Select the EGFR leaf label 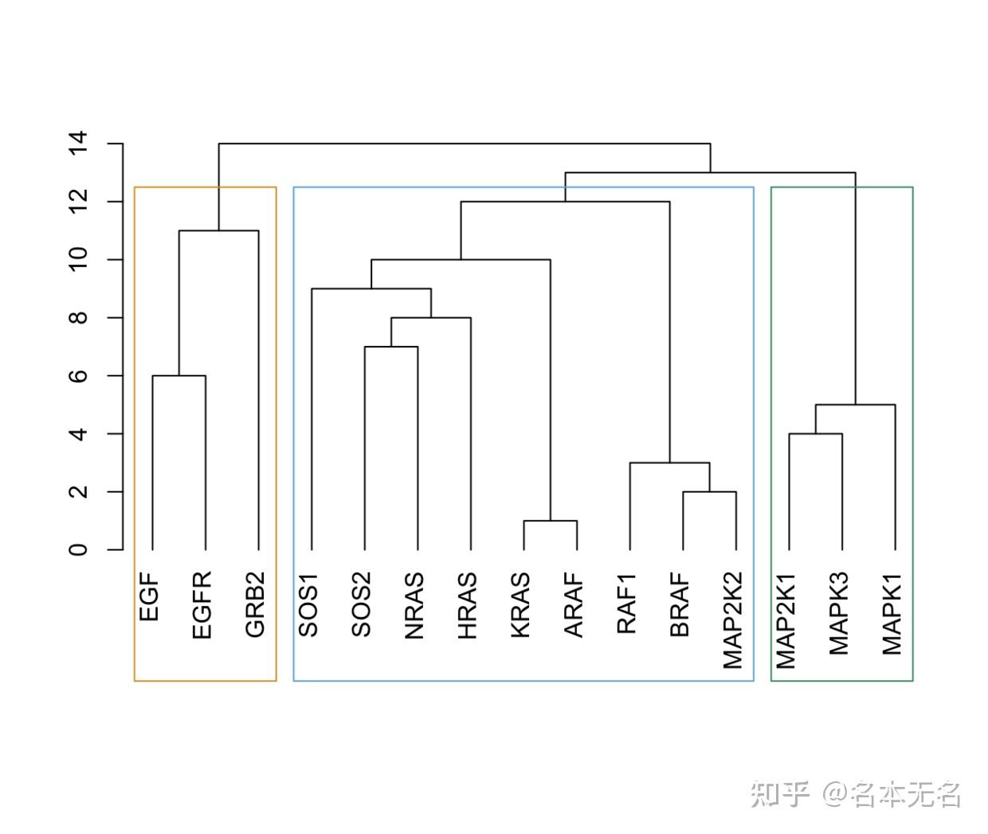click(202, 604)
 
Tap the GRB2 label click(255, 604)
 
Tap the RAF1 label click(627, 604)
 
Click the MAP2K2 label click(733, 620)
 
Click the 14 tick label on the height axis click(77, 144)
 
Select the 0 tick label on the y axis click(77, 550)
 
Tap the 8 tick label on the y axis click(77, 318)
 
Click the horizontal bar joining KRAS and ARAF click(550, 521)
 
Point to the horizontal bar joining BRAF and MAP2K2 click(709, 492)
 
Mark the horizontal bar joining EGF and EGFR click(179, 376)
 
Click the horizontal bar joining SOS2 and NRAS click(391, 347)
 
